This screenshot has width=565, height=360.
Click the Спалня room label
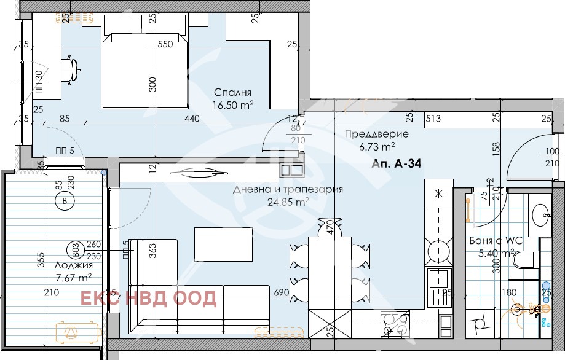232,93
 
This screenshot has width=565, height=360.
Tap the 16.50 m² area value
233,106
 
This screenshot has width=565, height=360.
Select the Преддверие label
377,135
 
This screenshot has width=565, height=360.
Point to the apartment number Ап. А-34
397,164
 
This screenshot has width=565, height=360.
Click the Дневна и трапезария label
288,189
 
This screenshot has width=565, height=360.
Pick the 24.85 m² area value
288,202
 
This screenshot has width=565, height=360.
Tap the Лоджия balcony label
74,265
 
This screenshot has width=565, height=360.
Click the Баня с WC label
496,241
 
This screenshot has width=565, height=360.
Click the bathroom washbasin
542,215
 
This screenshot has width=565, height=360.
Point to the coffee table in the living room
223,244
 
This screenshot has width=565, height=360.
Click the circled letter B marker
65,201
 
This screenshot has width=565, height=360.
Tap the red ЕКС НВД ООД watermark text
148,299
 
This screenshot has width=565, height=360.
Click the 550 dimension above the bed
166,44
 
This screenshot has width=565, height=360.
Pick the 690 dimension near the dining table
282,292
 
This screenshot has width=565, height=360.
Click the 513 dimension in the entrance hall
433,118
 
